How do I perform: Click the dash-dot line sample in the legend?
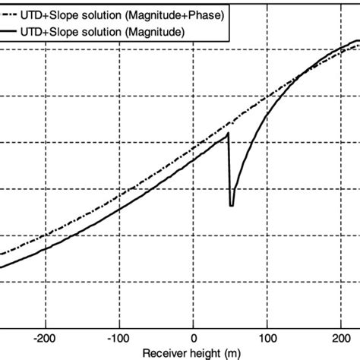(x=16, y=14)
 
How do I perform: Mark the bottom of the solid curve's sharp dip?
(x=232, y=205)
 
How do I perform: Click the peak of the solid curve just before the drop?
(x=228, y=134)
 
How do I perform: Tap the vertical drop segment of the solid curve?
(x=229, y=171)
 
